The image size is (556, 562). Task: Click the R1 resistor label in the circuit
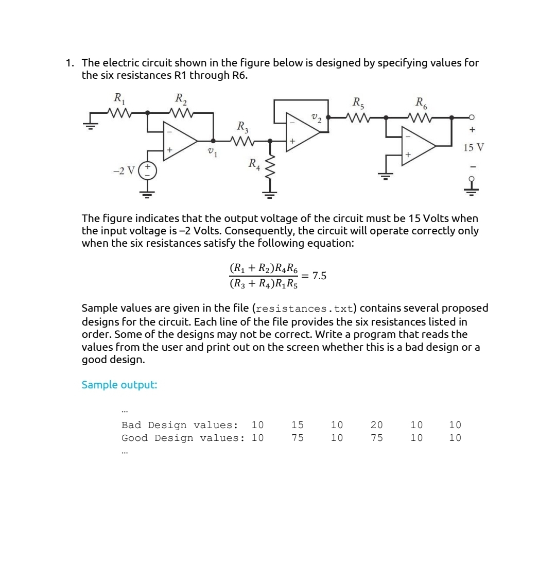tap(119, 98)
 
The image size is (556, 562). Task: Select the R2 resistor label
tap(181, 98)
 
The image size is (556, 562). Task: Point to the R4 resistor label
tap(254, 165)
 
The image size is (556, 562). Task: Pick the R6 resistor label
tap(421, 102)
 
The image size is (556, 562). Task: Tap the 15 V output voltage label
tap(473, 148)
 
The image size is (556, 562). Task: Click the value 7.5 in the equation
tap(319, 276)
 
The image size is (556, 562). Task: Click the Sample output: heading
tap(119, 385)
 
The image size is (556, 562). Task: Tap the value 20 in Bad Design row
tap(377, 425)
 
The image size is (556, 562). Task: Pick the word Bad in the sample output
tap(131, 425)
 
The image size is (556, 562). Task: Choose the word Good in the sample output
tap(134, 438)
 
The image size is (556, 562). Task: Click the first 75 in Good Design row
tap(298, 438)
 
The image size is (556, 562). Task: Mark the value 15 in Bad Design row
tap(298, 425)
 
